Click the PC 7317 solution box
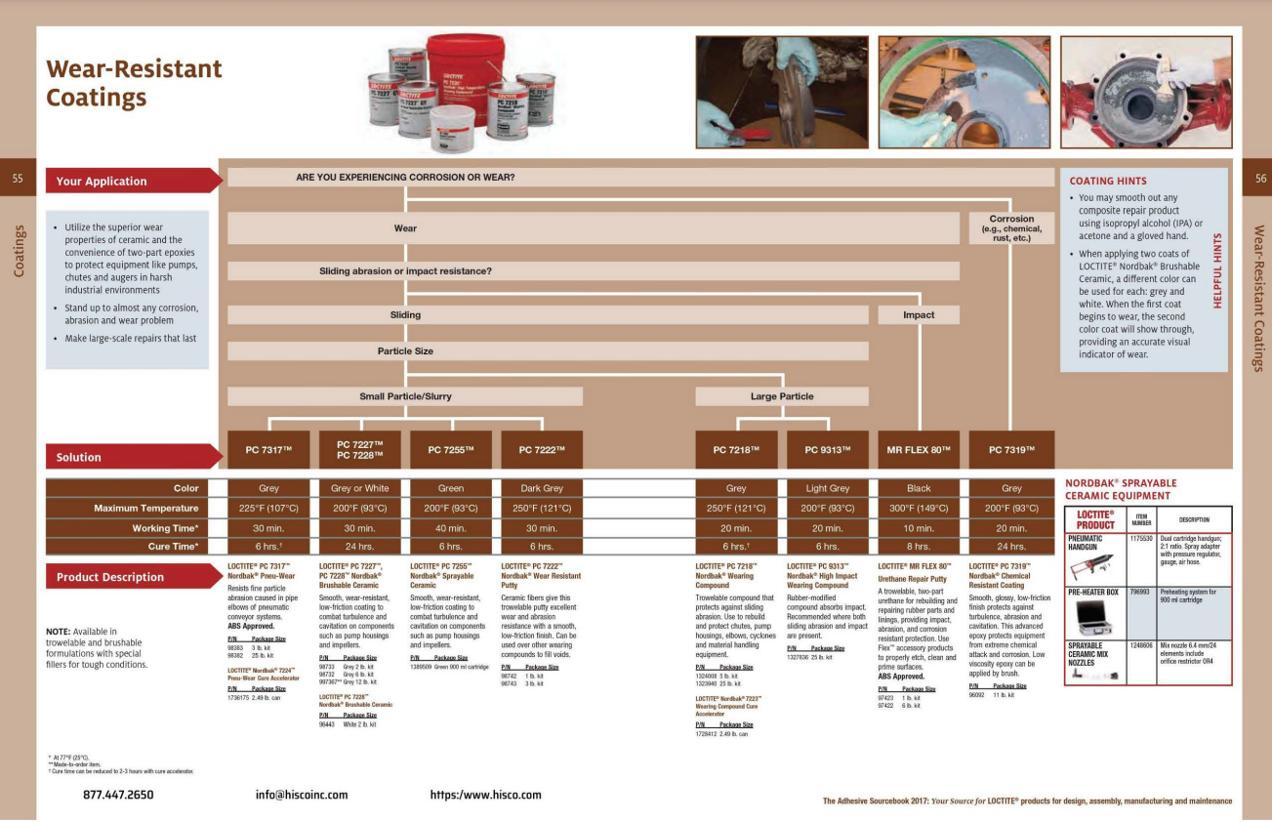tap(268, 449)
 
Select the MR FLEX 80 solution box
tap(919, 449)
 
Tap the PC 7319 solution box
tap(1011, 449)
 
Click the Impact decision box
tap(919, 314)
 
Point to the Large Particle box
tap(782, 396)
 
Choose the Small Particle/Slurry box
tap(405, 396)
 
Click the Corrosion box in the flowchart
tap(1011, 228)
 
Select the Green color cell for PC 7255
tap(451, 488)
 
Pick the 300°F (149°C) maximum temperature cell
tap(919, 508)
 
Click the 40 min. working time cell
tap(451, 527)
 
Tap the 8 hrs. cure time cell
tap(919, 547)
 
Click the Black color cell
tap(919, 488)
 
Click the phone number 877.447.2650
tap(118, 795)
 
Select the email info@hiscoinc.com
tap(302, 795)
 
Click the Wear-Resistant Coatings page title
tap(134, 83)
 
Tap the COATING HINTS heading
tap(1108, 181)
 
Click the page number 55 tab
tap(18, 178)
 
